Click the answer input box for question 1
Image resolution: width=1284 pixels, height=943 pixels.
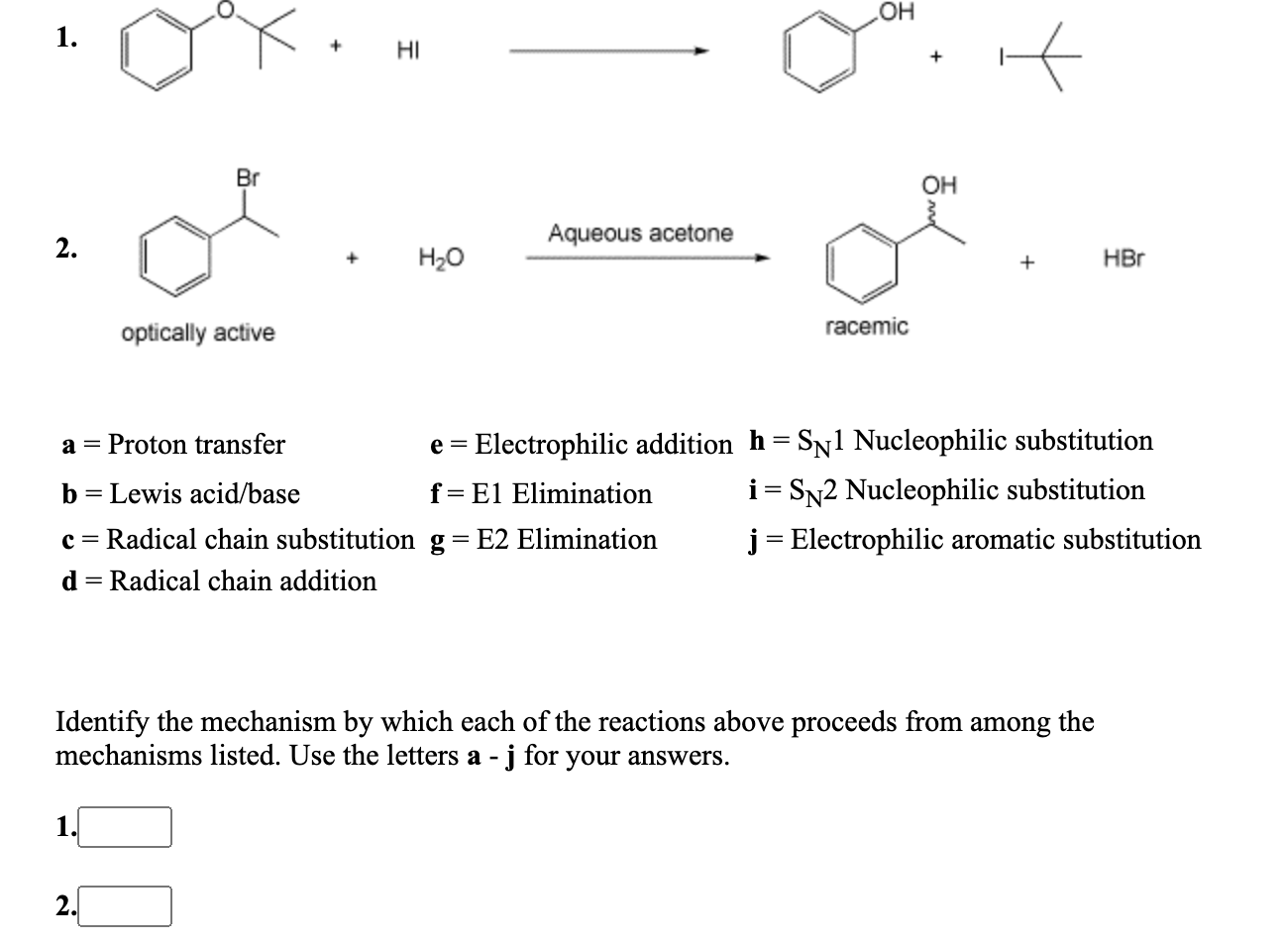[125, 827]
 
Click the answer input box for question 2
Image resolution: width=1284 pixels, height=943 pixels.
[125, 905]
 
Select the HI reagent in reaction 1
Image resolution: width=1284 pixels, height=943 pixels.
[406, 49]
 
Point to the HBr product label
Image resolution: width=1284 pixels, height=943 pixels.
[1123, 260]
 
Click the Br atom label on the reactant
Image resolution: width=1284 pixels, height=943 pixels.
[248, 179]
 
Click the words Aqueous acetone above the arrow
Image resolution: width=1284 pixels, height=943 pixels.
[641, 234]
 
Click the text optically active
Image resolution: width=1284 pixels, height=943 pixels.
[198, 333]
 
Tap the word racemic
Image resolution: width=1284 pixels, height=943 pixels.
[866, 327]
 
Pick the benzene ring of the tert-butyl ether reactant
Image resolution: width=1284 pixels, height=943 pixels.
[156, 49]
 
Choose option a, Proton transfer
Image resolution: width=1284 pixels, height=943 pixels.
[173, 445]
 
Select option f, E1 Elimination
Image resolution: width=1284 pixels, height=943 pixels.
[541, 493]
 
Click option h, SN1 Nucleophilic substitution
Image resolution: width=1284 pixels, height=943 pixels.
[951, 441]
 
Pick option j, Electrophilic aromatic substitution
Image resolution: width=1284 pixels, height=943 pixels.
[975, 540]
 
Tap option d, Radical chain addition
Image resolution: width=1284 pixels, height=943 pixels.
[219, 580]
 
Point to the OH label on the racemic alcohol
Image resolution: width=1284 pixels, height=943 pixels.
[939, 185]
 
